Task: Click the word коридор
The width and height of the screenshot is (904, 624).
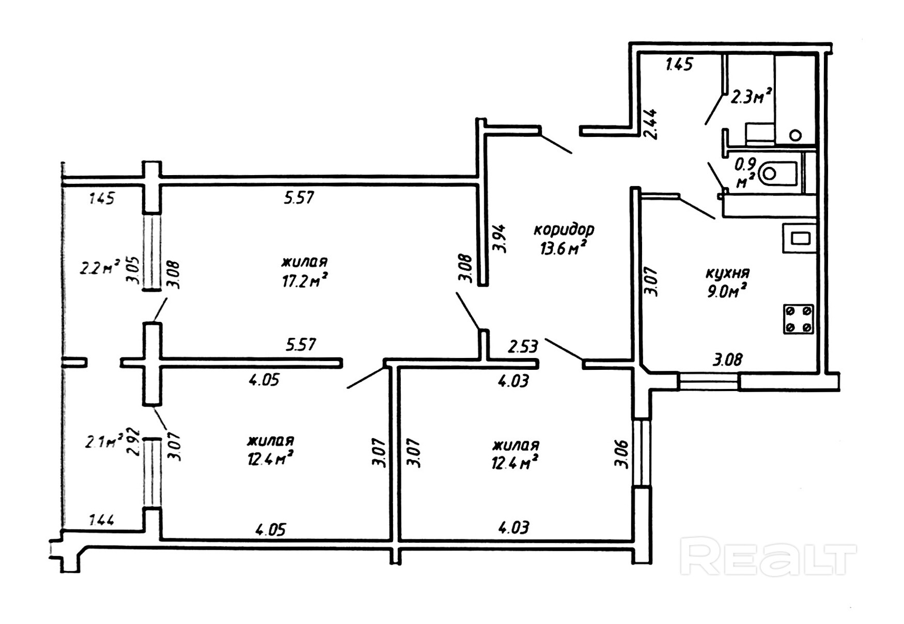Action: (564, 229)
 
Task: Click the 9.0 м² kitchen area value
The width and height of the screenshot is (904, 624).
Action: (727, 291)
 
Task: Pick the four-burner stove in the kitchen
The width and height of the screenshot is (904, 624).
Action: (799, 319)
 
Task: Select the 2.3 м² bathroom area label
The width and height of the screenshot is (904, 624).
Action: (751, 97)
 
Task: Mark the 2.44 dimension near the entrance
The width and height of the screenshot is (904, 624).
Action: (650, 124)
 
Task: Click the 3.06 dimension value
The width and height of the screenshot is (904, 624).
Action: (622, 454)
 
